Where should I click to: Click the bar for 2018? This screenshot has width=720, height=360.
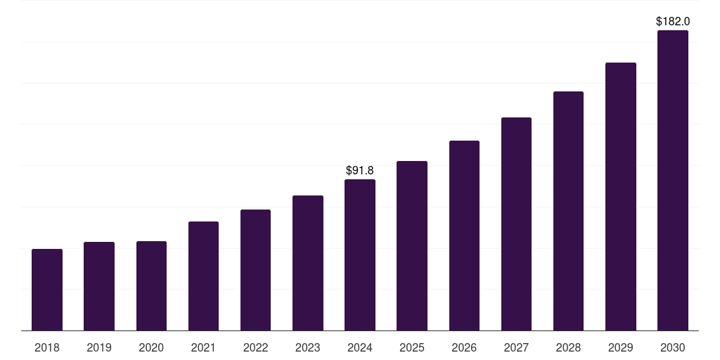point(47,290)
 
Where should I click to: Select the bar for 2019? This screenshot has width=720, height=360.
point(99,286)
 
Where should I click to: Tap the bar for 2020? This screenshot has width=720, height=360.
point(151,285)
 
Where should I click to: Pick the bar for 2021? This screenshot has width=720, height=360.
point(203,276)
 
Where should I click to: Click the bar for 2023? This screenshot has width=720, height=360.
point(308,263)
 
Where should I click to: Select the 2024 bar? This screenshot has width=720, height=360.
point(360,255)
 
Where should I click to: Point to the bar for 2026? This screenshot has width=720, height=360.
point(464,236)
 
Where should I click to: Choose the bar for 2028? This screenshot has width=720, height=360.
point(568,211)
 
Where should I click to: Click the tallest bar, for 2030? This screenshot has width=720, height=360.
point(673,180)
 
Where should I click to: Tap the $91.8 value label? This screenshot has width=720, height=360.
point(360,170)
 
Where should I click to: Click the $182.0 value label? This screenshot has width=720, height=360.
point(673,21)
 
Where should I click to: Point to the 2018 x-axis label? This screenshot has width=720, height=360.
point(47,347)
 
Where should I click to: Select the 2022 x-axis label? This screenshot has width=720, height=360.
point(256,347)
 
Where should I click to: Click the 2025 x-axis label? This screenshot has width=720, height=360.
point(412,347)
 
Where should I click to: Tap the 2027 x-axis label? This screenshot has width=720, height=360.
point(516,347)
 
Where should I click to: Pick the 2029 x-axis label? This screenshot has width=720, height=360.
point(621,347)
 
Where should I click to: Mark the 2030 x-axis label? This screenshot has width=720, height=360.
point(673,347)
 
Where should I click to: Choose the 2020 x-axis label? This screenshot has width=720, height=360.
point(151,347)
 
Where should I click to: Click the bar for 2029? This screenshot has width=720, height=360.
point(621,196)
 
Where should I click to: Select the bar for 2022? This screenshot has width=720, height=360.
point(256,270)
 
